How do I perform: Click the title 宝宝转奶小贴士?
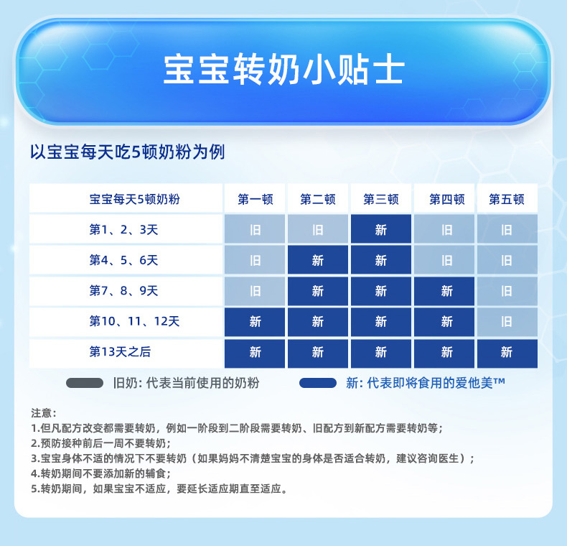(283, 70)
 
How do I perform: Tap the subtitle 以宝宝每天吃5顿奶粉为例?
(127, 152)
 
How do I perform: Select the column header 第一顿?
(255, 199)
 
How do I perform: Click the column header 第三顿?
(381, 199)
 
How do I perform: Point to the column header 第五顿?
(507, 199)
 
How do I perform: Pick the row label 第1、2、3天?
(123, 230)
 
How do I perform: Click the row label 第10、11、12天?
(134, 321)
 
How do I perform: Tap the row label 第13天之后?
(120, 351)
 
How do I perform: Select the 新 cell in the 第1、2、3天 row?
(381, 229)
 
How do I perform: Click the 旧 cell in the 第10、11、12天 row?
(507, 322)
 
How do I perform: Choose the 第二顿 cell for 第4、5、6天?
(318, 259)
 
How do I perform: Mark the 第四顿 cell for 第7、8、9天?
(444, 291)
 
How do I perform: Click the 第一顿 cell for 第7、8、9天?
(255, 291)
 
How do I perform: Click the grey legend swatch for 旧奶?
(85, 383)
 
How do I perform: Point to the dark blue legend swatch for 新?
(318, 383)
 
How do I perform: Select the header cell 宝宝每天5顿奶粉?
(134, 199)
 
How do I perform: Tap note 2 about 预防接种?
(101, 443)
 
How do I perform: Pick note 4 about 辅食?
(101, 473)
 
